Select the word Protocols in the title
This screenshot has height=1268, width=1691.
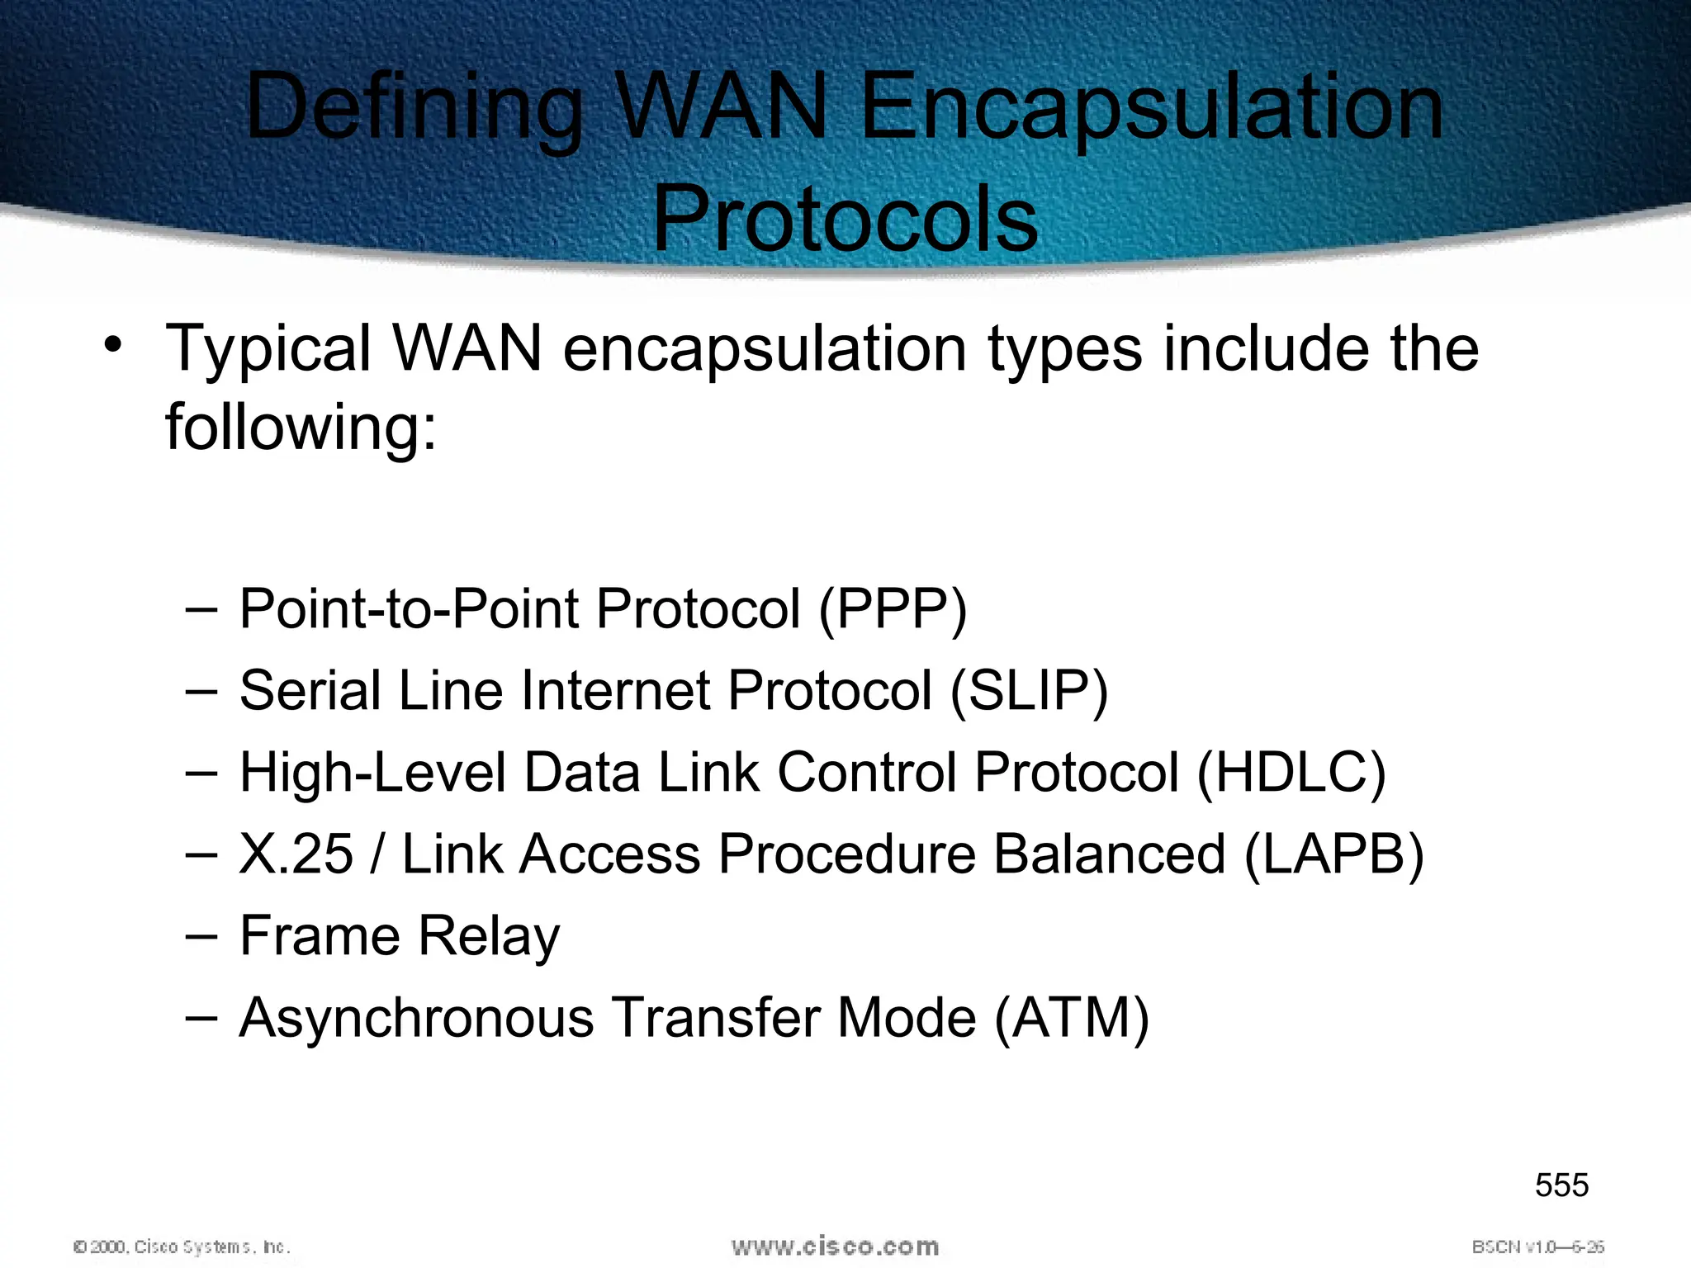845,220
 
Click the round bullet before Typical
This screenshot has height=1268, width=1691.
113,345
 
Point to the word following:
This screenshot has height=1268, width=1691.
301,428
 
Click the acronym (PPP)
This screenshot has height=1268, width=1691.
893,609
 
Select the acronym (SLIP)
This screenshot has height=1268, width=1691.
1029,691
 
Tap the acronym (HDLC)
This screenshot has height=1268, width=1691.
1291,773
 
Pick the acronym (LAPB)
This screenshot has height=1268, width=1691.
1333,854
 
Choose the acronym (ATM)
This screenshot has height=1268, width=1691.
1072,1017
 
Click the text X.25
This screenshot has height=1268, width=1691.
296,854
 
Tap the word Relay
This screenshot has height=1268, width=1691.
489,936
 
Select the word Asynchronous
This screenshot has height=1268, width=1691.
416,1017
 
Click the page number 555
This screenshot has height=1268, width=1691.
1561,1185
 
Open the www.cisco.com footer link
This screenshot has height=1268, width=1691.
835,1246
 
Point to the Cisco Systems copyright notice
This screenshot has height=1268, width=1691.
182,1247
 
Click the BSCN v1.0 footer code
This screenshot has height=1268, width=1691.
1537,1247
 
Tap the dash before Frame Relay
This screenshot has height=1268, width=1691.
201,936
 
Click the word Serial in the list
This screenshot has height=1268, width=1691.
310,691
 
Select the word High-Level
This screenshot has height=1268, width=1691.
372,773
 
